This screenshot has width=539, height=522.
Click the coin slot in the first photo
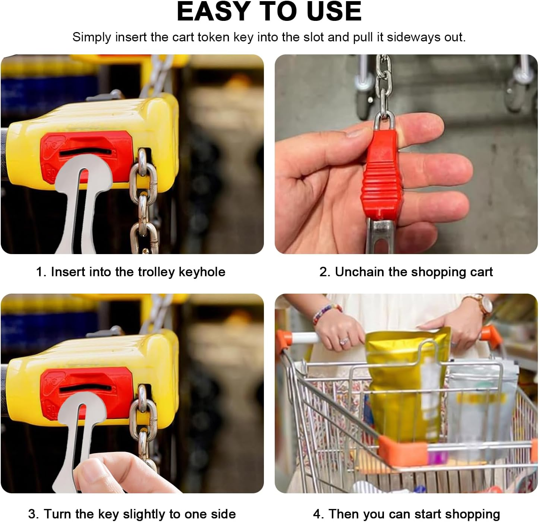pos(85,153)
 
